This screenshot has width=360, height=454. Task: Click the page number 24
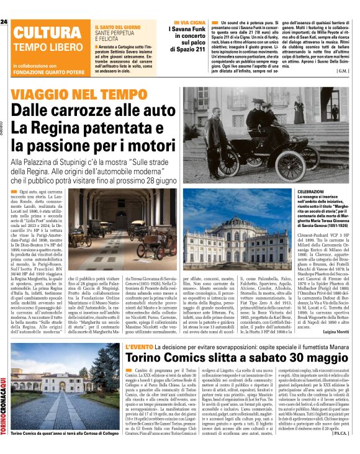[4, 22]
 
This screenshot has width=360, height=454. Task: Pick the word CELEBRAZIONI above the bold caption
[301, 194]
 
